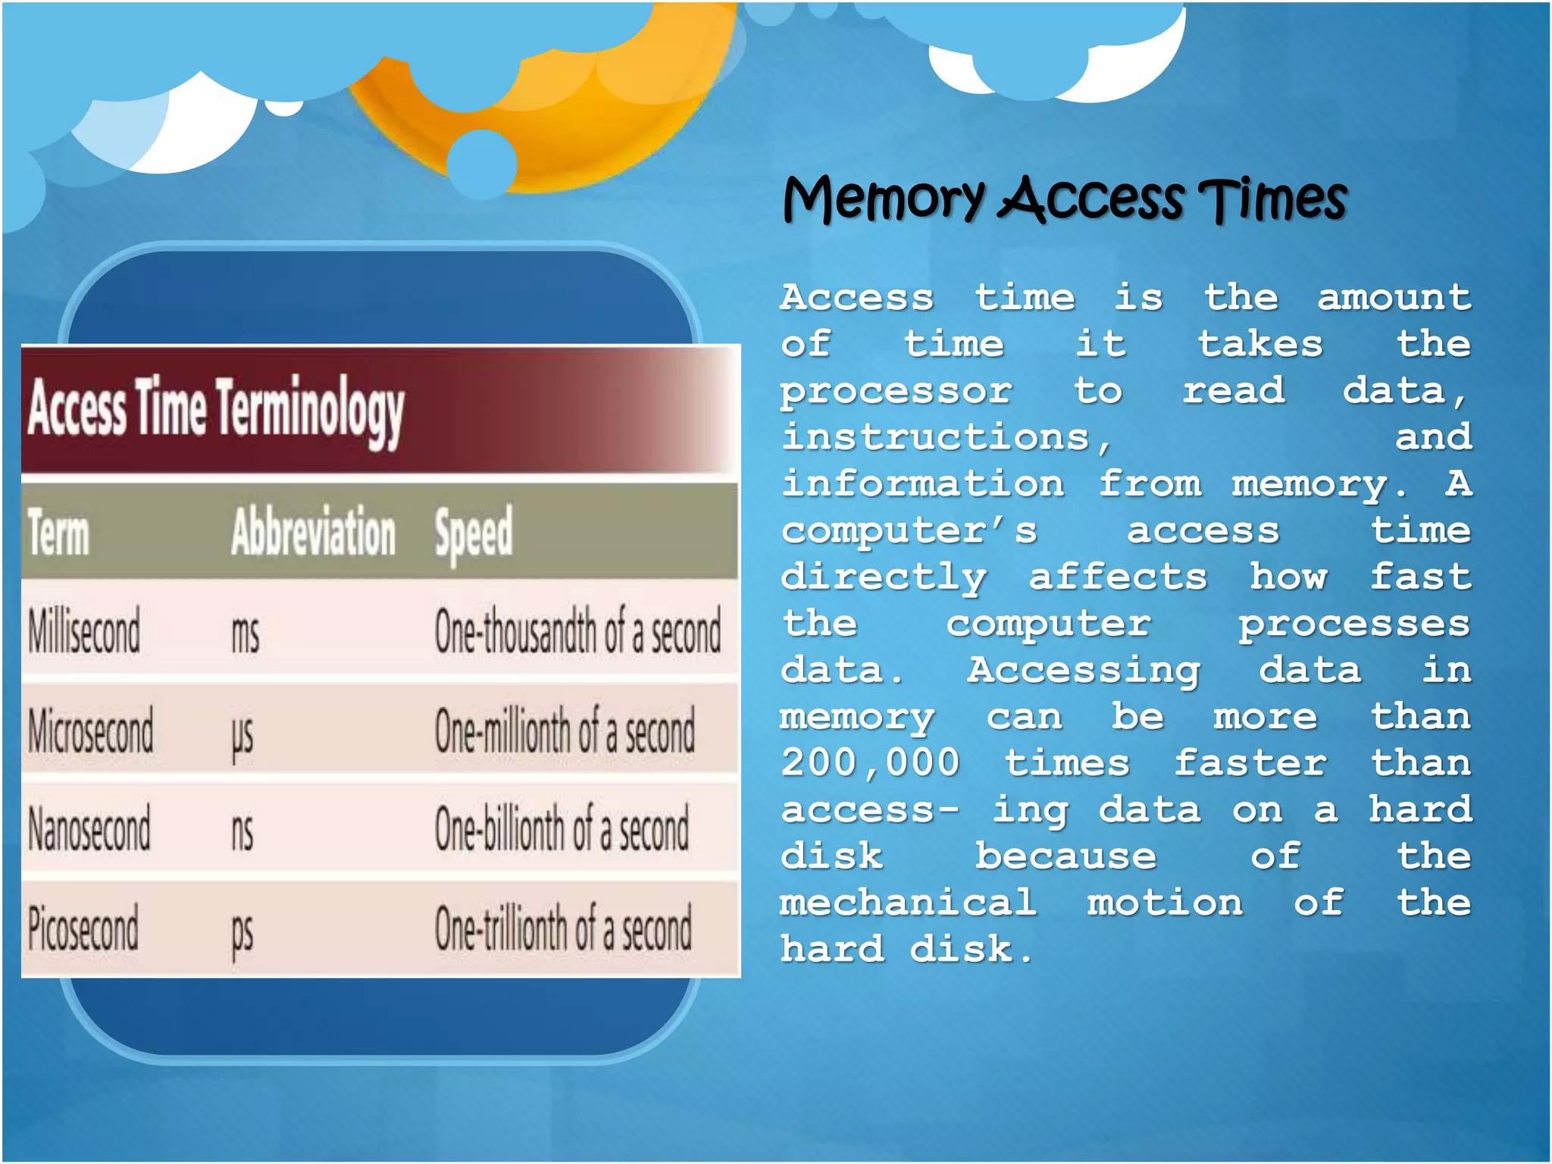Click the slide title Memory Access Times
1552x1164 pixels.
click(x=1064, y=199)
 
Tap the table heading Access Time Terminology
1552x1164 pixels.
click(x=216, y=409)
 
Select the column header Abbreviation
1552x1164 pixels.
click(x=313, y=532)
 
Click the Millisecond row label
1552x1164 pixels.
click(x=84, y=631)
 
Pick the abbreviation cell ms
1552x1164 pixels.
click(x=245, y=634)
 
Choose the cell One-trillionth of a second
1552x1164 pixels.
click(x=563, y=929)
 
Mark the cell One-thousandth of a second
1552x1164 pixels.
click(x=577, y=632)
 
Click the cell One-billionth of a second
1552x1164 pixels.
click(x=562, y=829)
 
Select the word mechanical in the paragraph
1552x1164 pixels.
click(x=908, y=903)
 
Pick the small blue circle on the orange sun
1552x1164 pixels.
click(x=482, y=164)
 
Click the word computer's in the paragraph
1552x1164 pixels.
click(x=909, y=530)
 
